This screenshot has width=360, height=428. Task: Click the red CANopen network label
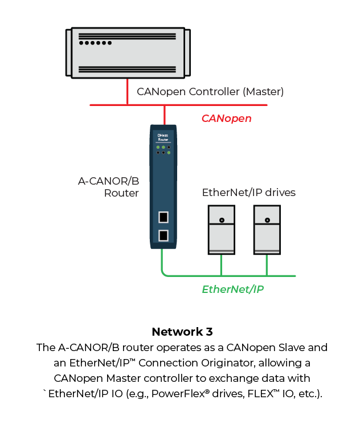[226, 119]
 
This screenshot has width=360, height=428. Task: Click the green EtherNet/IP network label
[232, 289]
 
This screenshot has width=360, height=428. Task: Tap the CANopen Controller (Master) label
[210, 91]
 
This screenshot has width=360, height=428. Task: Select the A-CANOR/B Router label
[108, 187]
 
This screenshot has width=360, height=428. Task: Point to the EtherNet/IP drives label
[249, 192]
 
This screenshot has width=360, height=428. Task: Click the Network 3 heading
[182, 332]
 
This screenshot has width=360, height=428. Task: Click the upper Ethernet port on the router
[163, 217]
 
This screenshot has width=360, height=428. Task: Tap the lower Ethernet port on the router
[163, 235]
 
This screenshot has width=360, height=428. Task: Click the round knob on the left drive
[221, 220]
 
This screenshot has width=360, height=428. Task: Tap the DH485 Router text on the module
[163, 137]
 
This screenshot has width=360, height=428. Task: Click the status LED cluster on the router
[163, 150]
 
